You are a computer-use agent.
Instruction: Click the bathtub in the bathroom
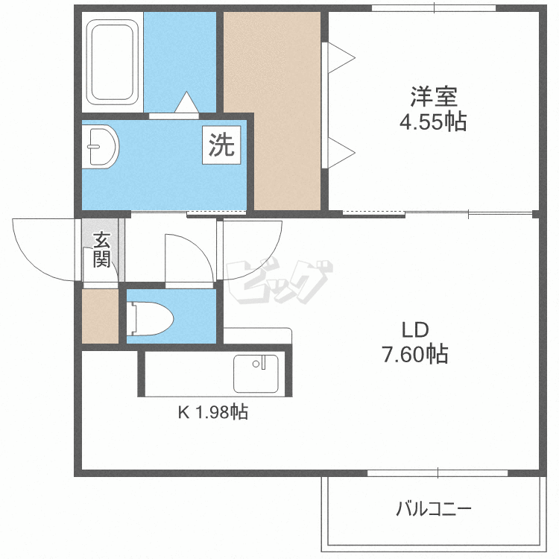tap(113, 63)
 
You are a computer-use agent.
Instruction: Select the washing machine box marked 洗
tap(221, 145)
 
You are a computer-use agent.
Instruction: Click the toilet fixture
tap(150, 318)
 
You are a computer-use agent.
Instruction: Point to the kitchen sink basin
tap(256, 373)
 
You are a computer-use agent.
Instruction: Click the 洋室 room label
tap(434, 97)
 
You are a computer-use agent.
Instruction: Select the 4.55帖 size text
tap(433, 122)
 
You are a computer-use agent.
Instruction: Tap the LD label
tap(415, 330)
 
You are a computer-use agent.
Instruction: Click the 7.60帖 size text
tap(415, 354)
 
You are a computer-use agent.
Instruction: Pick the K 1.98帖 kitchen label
tap(213, 412)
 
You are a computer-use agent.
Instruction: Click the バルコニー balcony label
tap(434, 508)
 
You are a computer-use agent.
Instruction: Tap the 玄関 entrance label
tap(102, 250)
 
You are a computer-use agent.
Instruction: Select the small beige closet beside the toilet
tap(100, 316)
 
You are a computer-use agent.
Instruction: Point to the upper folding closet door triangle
tap(341, 57)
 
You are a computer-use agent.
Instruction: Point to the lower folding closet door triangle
tap(341, 153)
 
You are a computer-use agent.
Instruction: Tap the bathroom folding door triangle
tap(187, 103)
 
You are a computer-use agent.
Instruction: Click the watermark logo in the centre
tap(279, 282)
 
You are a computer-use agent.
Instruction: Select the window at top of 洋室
tap(434, 8)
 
